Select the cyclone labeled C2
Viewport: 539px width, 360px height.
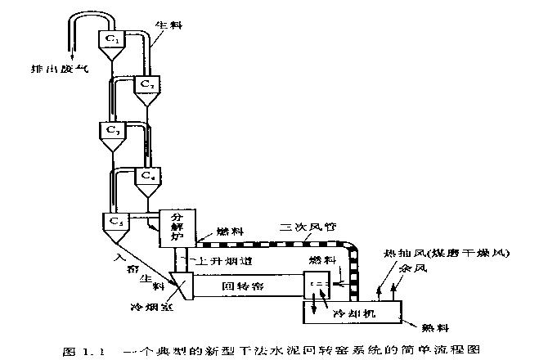click(x=146, y=84)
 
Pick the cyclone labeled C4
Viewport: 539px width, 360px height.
click(x=146, y=176)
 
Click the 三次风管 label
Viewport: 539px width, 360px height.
click(x=306, y=227)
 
